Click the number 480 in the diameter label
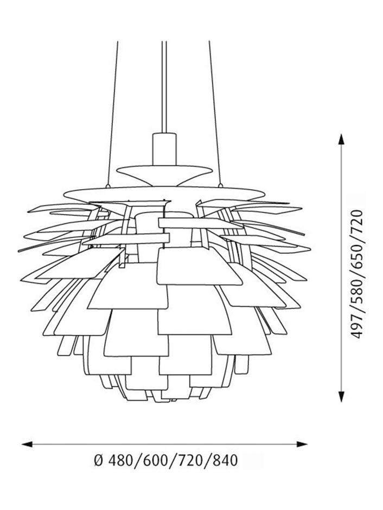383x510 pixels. click(119, 461)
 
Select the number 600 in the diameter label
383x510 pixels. click(154, 461)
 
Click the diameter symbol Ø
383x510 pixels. click(98, 461)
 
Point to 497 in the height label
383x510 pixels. click(356, 327)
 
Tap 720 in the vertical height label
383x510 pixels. click(356, 222)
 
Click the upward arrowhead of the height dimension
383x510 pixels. click(341, 140)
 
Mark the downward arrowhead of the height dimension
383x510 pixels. click(341, 396)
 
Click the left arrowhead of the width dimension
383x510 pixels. click(27, 444)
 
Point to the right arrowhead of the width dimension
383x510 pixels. click(302, 444)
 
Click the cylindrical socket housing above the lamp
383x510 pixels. click(164, 149)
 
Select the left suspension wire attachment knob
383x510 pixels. click(107, 186)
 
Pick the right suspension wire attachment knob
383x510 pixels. click(220, 186)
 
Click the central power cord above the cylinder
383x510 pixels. click(164, 87)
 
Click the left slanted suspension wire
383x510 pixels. click(112, 113)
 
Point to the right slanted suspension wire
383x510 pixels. click(215, 113)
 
